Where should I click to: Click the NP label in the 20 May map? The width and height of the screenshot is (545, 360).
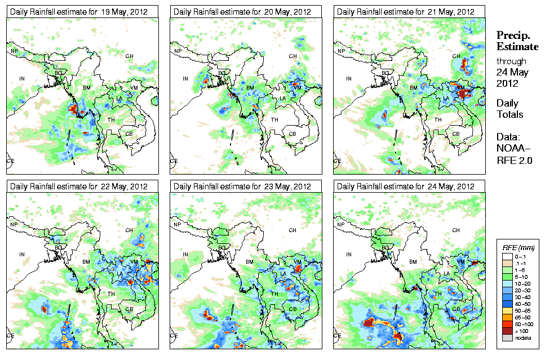click(x=178, y=51)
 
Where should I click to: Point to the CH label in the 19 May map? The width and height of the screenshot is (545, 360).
click(x=129, y=56)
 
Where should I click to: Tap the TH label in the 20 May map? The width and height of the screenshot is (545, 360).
click(x=274, y=119)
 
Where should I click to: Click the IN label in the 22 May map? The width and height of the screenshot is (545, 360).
click(x=22, y=254)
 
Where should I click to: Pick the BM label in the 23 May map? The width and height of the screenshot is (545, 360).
click(x=250, y=262)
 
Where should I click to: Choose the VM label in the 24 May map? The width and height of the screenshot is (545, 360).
click(x=460, y=262)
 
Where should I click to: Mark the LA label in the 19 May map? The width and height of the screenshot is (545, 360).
click(x=119, y=99)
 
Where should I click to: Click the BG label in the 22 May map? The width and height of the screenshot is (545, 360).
click(x=58, y=247)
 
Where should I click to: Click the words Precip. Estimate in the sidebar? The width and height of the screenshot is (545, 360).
click(x=517, y=40)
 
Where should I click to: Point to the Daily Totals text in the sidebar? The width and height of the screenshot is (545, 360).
click(x=509, y=109)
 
